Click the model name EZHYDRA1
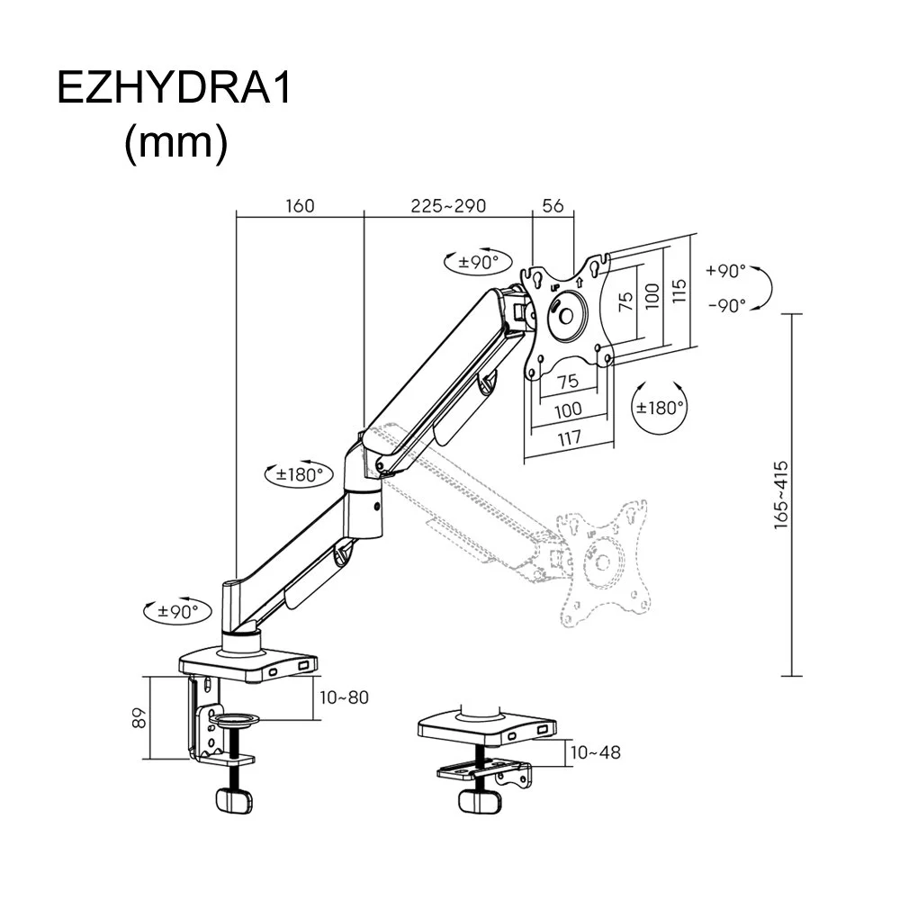(x=175, y=90)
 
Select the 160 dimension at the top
(x=300, y=205)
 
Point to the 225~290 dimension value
(x=448, y=205)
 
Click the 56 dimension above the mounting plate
(x=553, y=205)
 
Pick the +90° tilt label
(x=726, y=271)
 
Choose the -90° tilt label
(x=726, y=305)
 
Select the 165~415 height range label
(x=781, y=495)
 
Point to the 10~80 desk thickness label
(x=344, y=697)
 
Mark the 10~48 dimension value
(x=595, y=751)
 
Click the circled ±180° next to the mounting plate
(x=661, y=407)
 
